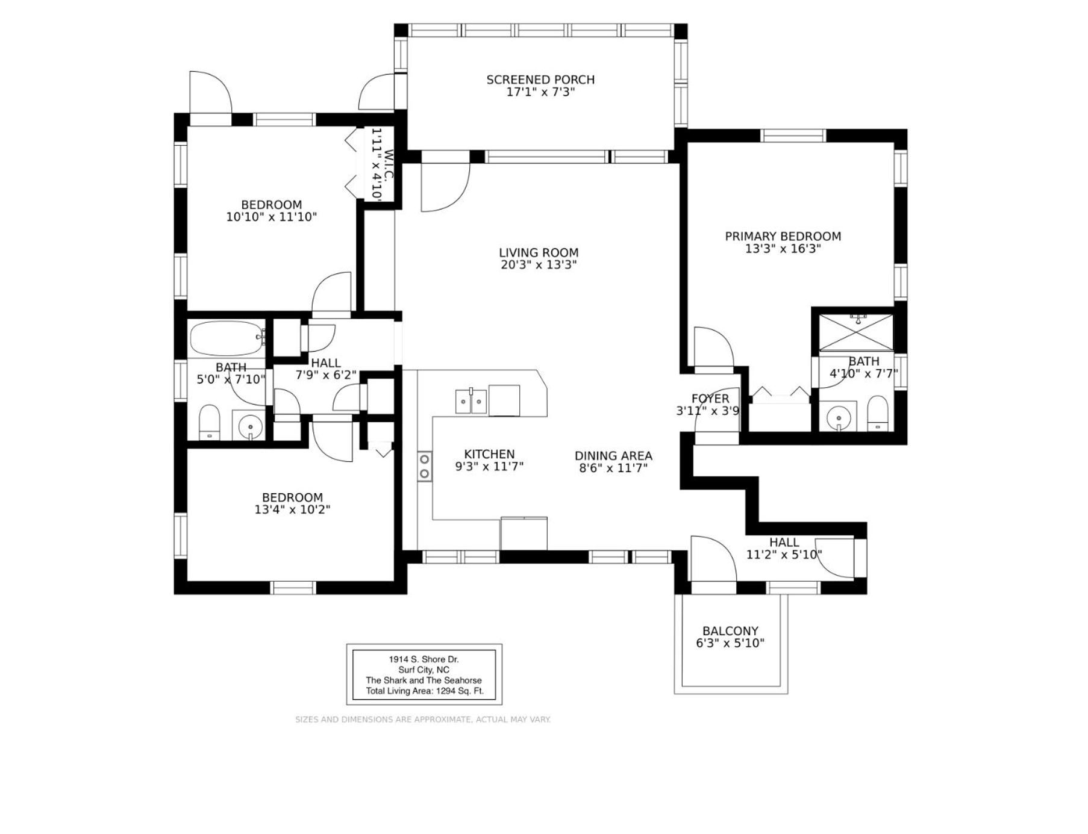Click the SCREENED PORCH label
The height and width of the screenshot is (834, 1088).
point(540,79)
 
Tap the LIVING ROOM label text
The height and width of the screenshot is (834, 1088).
point(539,253)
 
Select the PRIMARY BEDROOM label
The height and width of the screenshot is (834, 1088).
point(783,237)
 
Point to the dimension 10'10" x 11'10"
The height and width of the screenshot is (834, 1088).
point(271,217)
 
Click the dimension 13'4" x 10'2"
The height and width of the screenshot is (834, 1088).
point(292,509)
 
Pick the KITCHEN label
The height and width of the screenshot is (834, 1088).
point(489,454)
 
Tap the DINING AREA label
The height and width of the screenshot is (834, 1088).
point(613,456)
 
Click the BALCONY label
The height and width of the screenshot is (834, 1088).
point(730,631)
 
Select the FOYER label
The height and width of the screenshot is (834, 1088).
point(710,399)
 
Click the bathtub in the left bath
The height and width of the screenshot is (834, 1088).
point(227,338)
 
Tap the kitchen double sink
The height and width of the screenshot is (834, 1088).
point(471,402)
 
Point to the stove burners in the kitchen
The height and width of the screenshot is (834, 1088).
point(425,466)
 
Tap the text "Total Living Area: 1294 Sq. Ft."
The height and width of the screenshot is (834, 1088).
point(425,691)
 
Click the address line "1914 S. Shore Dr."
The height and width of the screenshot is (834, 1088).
point(424,659)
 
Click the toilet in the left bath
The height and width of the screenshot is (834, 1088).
point(210,422)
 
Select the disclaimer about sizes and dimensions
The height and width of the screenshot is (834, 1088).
point(423,720)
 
